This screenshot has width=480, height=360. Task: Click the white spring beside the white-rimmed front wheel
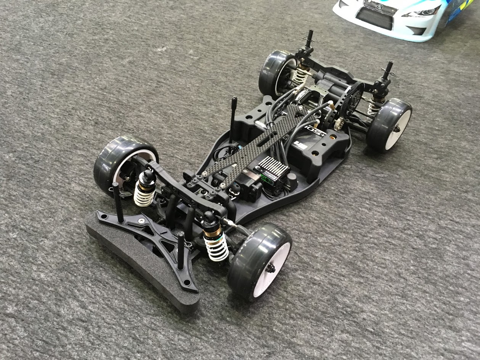coord(216,246)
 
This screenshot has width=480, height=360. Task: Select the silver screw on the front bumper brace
coord(142,221)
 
